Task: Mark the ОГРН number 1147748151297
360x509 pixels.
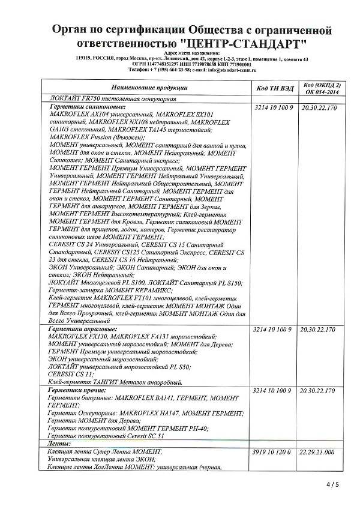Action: [169, 64]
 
